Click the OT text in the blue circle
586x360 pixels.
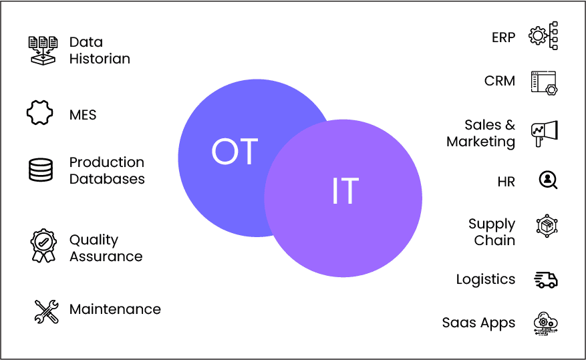235,151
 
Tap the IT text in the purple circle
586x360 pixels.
345,190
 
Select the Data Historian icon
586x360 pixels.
43,50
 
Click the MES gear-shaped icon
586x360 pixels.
39,112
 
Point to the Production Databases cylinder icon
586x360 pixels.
41,170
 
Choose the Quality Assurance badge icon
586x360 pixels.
43,245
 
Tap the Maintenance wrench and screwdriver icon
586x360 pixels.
46,311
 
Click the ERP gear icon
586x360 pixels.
543,36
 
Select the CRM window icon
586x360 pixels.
544,83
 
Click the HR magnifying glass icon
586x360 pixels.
548,180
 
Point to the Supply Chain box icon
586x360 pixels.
547,226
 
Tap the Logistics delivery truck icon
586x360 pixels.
546,280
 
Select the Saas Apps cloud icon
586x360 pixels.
545,323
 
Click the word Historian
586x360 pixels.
100,59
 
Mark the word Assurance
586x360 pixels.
106,256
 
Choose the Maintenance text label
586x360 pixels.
115,309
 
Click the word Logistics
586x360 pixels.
486,280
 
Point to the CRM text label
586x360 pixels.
500,81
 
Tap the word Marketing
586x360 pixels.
481,142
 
